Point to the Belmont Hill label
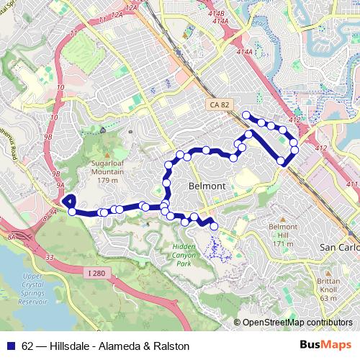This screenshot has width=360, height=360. coord(281,235)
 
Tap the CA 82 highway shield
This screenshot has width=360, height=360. coord(221,106)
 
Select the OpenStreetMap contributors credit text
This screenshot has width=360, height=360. coord(297,323)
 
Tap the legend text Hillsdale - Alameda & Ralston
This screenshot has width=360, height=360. coord(120,346)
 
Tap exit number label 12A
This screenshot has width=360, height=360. coord(130,7)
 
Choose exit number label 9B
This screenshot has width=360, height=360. coord(49,135)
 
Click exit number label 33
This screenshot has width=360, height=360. coord(48,256)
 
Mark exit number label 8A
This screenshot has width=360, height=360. coord(12,235)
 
